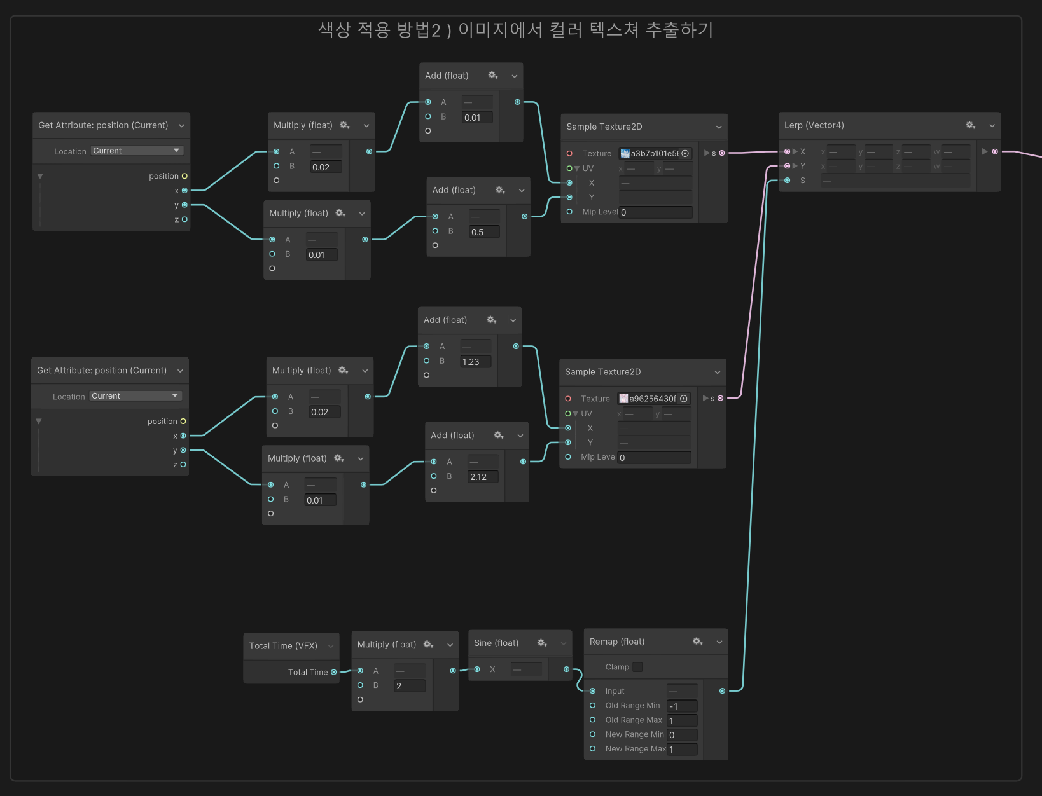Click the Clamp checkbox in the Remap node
click(637, 667)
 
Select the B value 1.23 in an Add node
click(476, 362)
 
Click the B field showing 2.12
click(483, 477)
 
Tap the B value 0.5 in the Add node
click(483, 232)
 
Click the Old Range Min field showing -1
click(682, 706)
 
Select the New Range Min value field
click(682, 735)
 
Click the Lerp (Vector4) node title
click(814, 125)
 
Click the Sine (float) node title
click(496, 643)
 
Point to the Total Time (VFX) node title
click(283, 645)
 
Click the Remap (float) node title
click(617, 642)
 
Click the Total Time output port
click(334, 672)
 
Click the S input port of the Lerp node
click(788, 181)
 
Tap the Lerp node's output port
click(995, 151)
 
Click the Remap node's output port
click(722, 691)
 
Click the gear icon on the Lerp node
click(970, 125)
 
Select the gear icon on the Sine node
click(542, 643)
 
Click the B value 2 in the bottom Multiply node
click(410, 686)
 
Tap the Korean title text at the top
click(515, 30)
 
